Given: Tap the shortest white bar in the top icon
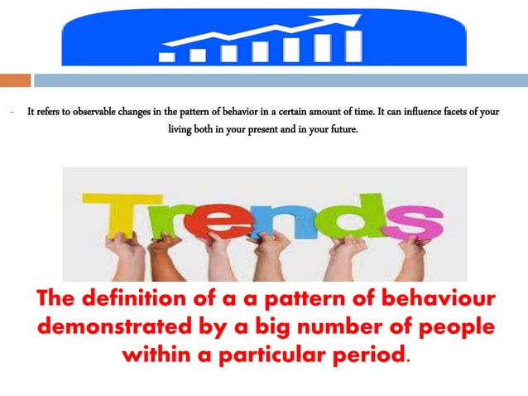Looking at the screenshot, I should [166, 57].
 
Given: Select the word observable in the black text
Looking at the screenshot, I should [89, 112].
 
